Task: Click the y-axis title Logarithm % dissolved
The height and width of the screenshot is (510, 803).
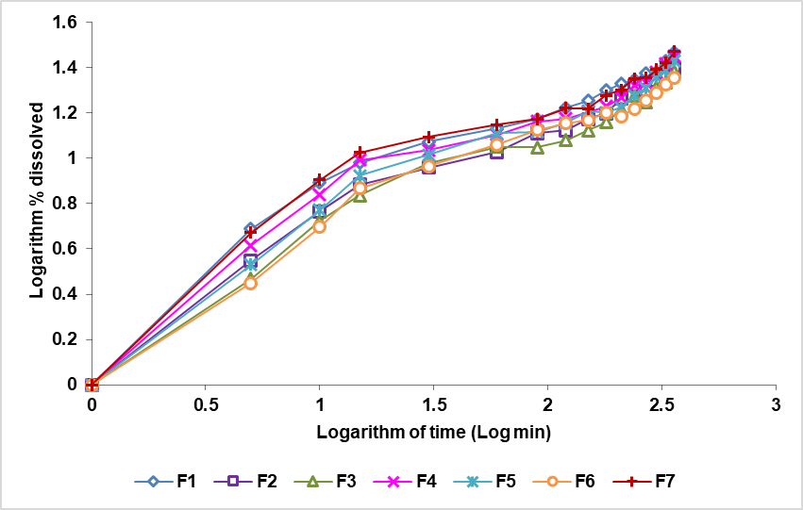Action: click(37, 203)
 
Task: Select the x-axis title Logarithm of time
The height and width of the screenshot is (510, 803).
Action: click(433, 432)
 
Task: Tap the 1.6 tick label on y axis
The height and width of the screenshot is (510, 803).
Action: click(65, 22)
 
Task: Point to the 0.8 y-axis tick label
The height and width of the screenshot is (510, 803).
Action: click(65, 204)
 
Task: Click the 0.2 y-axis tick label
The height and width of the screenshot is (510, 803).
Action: click(65, 339)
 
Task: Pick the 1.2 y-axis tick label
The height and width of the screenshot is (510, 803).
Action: click(65, 113)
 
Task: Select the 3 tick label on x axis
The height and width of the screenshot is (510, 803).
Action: click(776, 403)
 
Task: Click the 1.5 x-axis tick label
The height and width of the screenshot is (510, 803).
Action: click(433, 403)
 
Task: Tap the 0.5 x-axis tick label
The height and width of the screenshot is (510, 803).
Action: click(206, 403)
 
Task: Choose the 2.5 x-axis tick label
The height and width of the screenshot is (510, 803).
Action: click(661, 403)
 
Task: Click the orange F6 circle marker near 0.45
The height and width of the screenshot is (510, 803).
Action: click(250, 283)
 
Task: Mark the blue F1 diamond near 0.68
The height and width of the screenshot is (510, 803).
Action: click(250, 230)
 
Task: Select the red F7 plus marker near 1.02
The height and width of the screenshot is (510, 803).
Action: click(360, 153)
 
